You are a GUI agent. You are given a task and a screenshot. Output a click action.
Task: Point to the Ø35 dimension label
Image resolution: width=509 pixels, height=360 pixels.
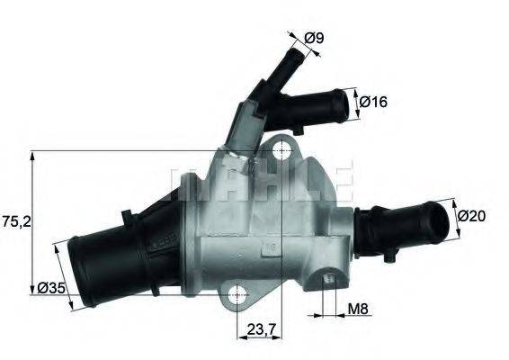click(50, 289)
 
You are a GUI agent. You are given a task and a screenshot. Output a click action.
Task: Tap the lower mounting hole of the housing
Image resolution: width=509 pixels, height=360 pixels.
click(237, 293)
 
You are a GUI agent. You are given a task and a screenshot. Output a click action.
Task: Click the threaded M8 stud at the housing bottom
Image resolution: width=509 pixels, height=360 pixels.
click(329, 287)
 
